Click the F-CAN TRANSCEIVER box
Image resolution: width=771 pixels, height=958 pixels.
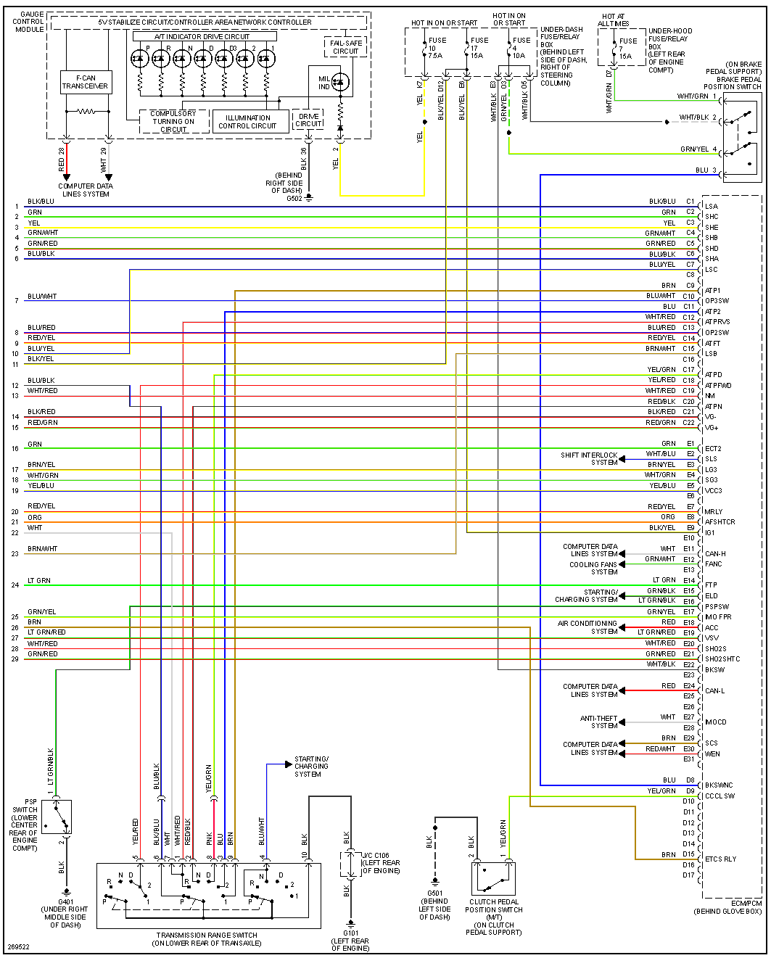tap(85, 82)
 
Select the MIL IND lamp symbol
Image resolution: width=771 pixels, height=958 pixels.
tap(339, 82)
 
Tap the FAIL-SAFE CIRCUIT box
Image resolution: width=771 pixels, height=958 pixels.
tap(345, 47)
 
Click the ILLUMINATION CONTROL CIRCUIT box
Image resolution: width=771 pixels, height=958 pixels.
tap(247, 122)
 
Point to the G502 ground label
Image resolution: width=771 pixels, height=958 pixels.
tap(294, 198)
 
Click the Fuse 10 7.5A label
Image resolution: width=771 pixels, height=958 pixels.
tap(436, 48)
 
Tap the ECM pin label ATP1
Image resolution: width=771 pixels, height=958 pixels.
tap(713, 291)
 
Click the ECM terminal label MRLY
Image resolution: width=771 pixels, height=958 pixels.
tap(714, 512)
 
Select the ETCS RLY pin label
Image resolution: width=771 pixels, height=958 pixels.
tap(720, 859)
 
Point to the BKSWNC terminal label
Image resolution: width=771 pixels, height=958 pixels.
tap(719, 785)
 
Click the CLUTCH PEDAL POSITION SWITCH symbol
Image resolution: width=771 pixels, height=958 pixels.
tap(493, 878)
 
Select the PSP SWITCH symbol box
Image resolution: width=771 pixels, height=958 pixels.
tap(57, 818)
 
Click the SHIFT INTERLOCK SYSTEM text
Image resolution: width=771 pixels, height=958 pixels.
tap(589, 459)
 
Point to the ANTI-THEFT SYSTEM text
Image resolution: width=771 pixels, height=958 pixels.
tap(598, 722)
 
